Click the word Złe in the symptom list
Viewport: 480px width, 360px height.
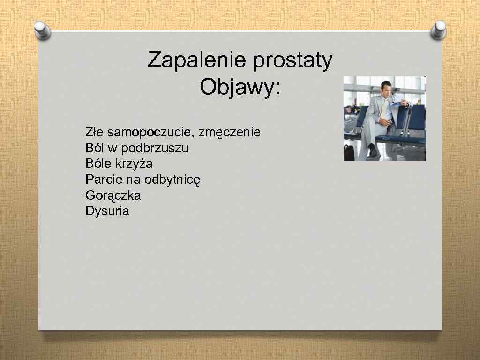94,132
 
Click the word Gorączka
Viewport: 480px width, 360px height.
113,195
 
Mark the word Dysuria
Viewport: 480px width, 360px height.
107,211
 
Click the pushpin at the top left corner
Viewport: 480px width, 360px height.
43,30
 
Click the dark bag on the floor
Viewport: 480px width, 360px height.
349,152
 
